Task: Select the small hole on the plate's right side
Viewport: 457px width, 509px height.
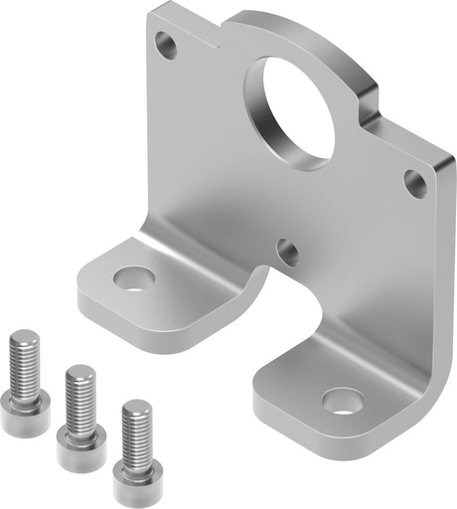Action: pos(414,182)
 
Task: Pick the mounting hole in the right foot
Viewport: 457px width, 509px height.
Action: pos(343,400)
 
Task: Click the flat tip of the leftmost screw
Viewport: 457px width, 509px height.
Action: pos(22,338)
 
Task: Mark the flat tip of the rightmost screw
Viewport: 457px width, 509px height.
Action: pos(137,406)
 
